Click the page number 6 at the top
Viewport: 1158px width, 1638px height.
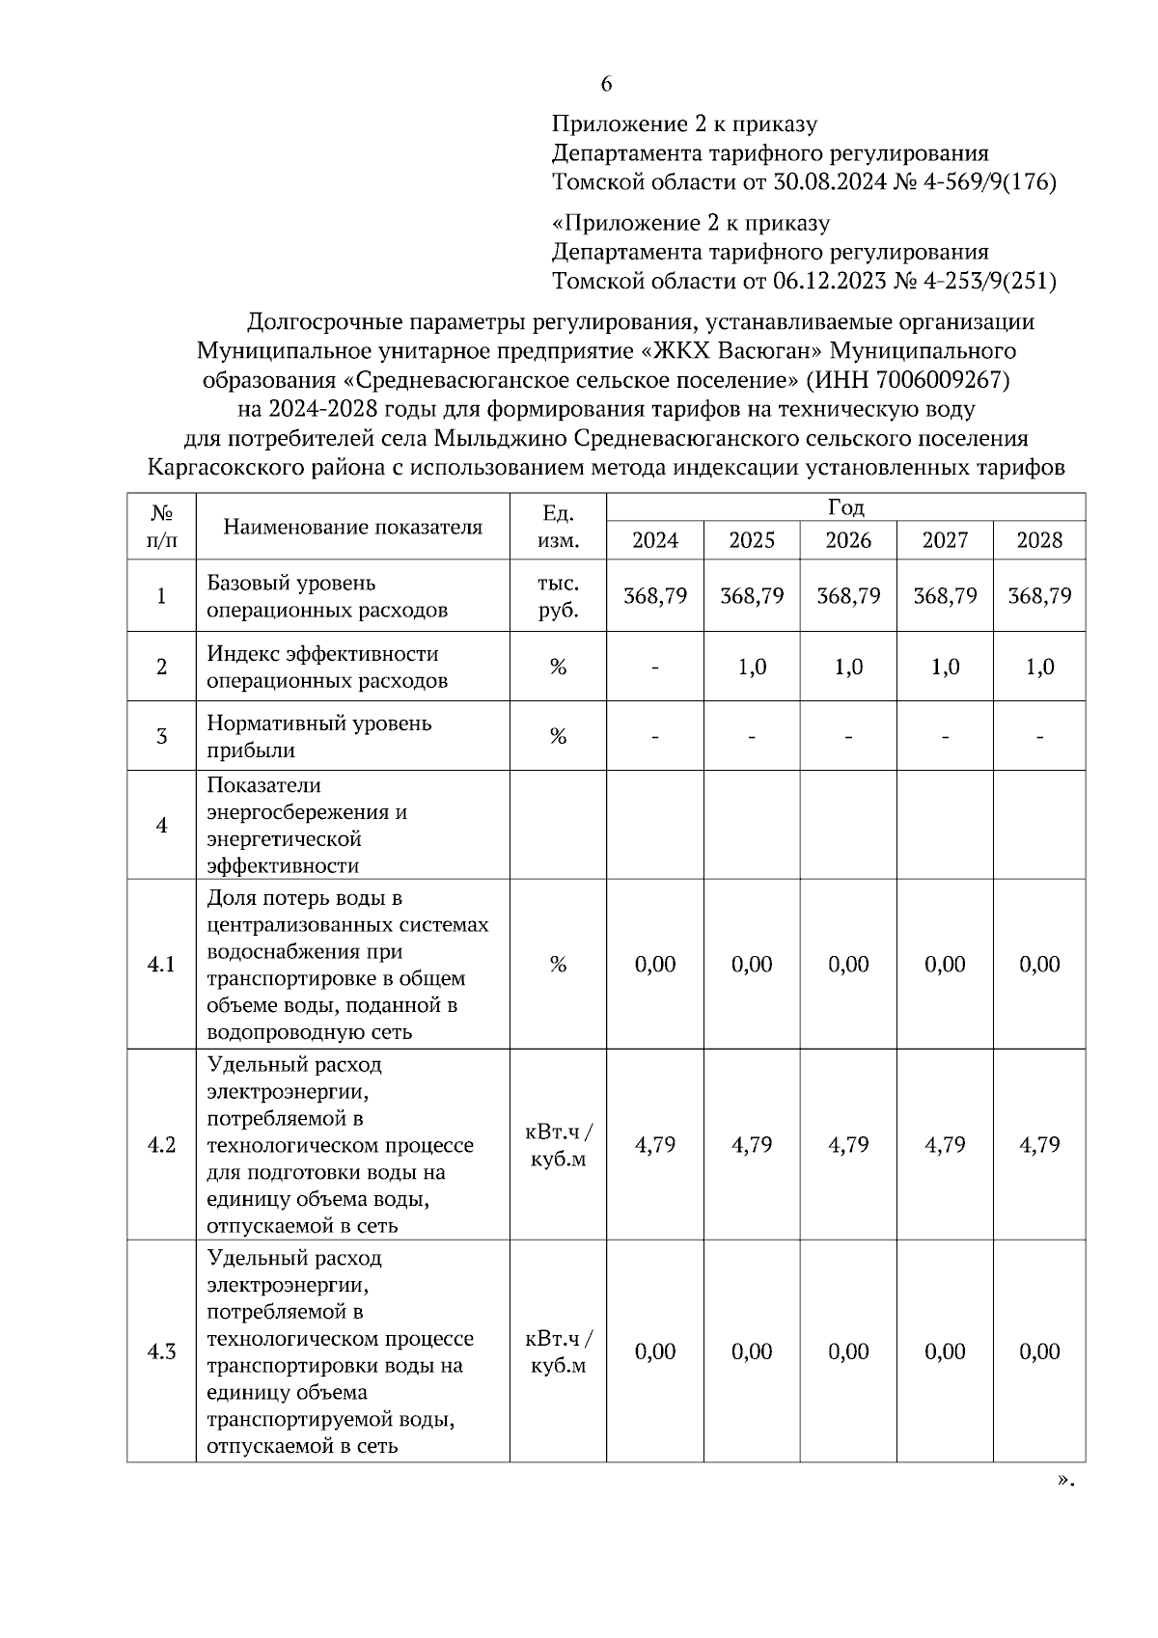(606, 84)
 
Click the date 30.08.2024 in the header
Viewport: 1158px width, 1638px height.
(830, 182)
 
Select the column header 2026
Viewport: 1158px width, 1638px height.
(848, 540)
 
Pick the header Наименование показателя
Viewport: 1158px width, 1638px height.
(352, 527)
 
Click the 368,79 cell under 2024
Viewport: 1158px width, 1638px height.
(655, 596)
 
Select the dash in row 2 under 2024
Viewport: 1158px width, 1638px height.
(655, 668)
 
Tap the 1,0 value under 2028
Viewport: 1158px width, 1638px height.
(1039, 668)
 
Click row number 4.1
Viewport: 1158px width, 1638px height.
(161, 965)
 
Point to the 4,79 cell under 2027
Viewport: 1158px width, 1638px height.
(945, 1145)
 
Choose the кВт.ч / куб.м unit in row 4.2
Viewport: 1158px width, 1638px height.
(558, 1145)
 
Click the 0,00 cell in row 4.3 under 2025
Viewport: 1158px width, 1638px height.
(752, 1352)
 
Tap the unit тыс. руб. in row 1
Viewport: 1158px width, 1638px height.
(558, 597)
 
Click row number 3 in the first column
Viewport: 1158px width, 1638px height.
(161, 737)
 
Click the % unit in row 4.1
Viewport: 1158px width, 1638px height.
(558, 965)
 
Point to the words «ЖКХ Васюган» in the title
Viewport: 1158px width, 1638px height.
(732, 350)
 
